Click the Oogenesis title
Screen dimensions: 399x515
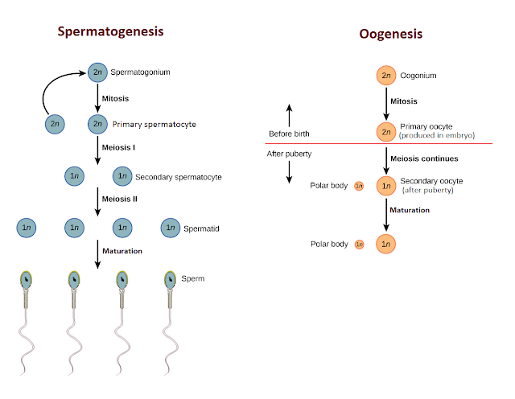pyautogui.click(x=389, y=35)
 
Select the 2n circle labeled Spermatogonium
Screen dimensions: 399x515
pyautogui.click(x=97, y=73)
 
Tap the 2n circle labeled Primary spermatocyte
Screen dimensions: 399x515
pyautogui.click(x=97, y=125)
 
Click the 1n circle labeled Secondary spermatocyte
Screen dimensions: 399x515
pyautogui.click(x=122, y=176)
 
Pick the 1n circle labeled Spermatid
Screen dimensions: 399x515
pyautogui.click(x=171, y=228)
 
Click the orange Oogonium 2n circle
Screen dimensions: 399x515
pyautogui.click(x=386, y=76)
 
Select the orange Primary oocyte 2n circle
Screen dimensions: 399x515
pyautogui.click(x=386, y=131)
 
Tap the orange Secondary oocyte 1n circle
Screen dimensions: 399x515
pyautogui.click(x=386, y=186)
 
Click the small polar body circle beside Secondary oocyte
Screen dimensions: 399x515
pyautogui.click(x=359, y=186)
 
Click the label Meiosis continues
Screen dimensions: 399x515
pyautogui.click(x=424, y=158)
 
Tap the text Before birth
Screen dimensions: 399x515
pyautogui.click(x=289, y=134)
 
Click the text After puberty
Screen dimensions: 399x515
pyautogui.click(x=290, y=153)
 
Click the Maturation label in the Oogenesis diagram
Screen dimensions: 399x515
pyautogui.click(x=409, y=210)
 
